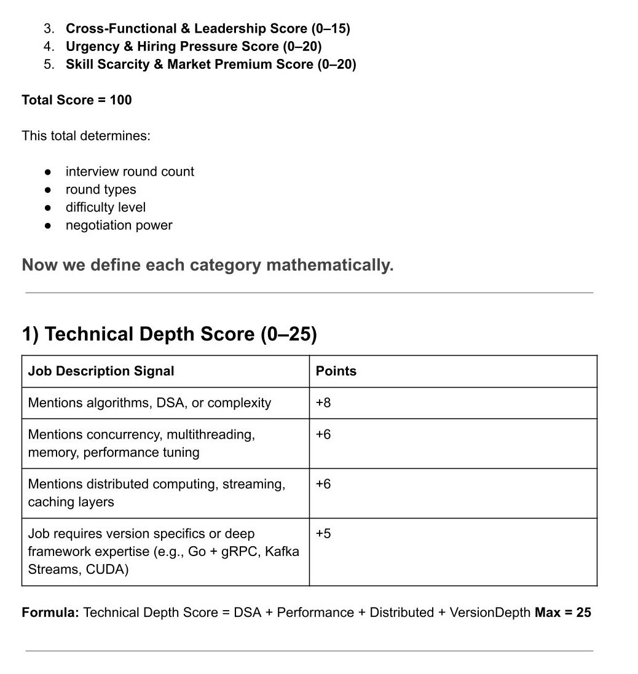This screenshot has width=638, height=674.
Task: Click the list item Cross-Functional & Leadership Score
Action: (x=208, y=29)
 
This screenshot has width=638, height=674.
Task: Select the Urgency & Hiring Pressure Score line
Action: (x=194, y=47)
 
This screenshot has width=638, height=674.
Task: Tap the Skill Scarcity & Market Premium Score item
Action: (x=211, y=65)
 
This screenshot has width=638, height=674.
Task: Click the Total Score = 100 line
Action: (x=77, y=100)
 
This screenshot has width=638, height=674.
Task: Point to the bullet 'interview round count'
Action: (x=130, y=172)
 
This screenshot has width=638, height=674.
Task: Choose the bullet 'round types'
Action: (x=101, y=190)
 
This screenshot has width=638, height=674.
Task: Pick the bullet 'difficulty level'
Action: (x=106, y=208)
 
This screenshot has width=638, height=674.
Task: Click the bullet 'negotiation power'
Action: (x=119, y=225)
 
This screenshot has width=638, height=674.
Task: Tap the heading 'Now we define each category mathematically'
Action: (x=208, y=265)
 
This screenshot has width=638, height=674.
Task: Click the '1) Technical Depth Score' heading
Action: (x=169, y=334)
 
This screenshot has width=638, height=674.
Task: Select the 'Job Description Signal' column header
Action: (x=101, y=371)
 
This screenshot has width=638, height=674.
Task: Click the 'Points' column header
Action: (x=336, y=371)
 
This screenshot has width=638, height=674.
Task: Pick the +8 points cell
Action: (x=323, y=403)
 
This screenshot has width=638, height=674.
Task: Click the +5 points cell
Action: (x=323, y=534)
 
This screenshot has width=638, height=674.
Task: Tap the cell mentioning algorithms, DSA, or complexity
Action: (x=149, y=403)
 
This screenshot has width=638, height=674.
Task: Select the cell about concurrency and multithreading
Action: (x=141, y=444)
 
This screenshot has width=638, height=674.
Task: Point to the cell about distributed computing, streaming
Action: (x=156, y=493)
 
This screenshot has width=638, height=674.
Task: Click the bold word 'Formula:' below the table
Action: (x=50, y=613)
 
